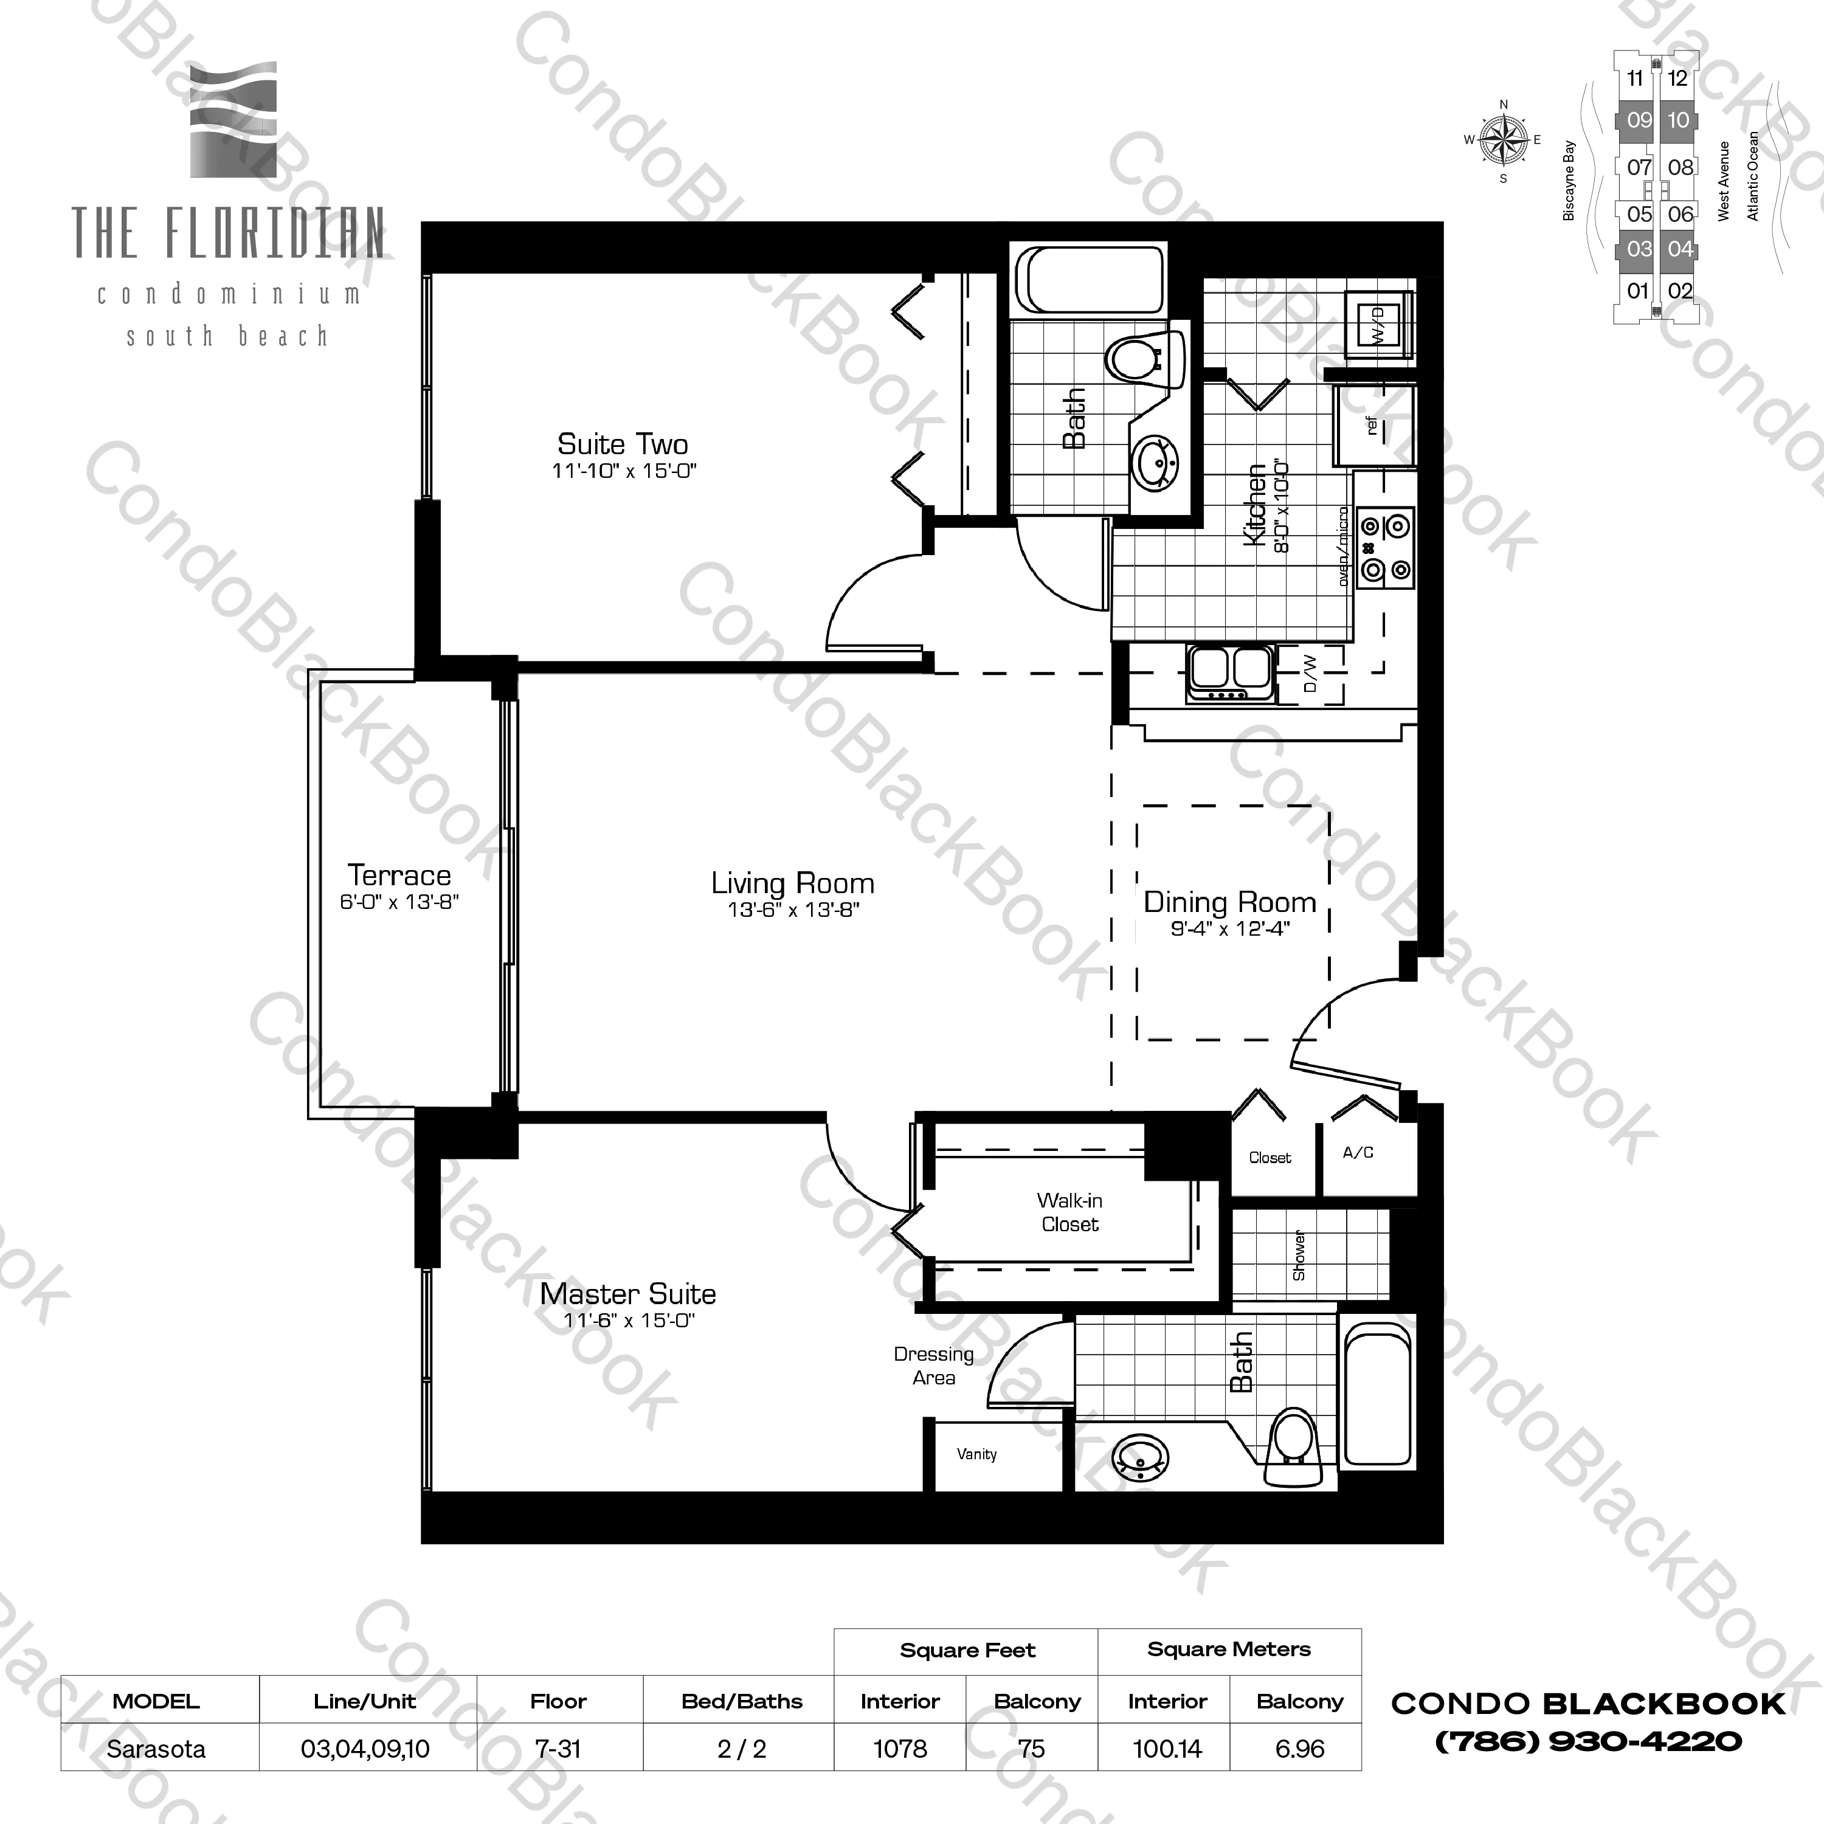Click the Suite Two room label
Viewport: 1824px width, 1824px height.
[622, 444]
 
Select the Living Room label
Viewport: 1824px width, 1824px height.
[792, 883]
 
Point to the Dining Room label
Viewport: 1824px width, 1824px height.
[1229, 902]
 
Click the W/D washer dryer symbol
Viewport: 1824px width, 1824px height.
[1378, 326]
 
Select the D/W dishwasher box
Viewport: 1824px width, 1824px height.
[1310, 674]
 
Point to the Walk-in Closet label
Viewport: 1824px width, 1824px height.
[1069, 1212]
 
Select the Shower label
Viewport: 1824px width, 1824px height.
[1300, 1256]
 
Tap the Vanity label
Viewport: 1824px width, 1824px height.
[976, 1454]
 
